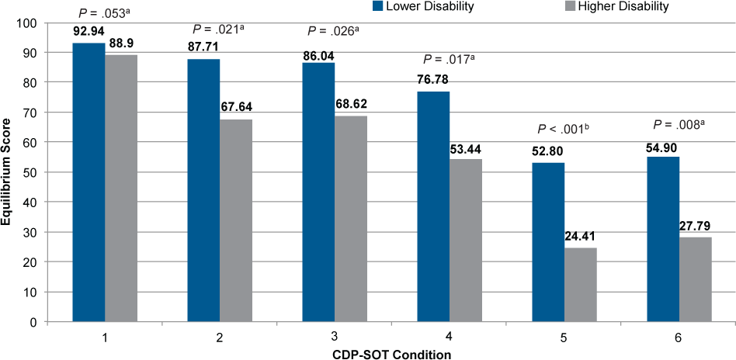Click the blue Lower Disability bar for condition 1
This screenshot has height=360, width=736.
click(x=89, y=182)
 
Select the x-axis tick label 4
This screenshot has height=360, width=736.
click(x=450, y=338)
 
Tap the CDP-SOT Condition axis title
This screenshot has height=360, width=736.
click(x=392, y=353)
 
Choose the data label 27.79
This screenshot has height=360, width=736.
click(x=696, y=228)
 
